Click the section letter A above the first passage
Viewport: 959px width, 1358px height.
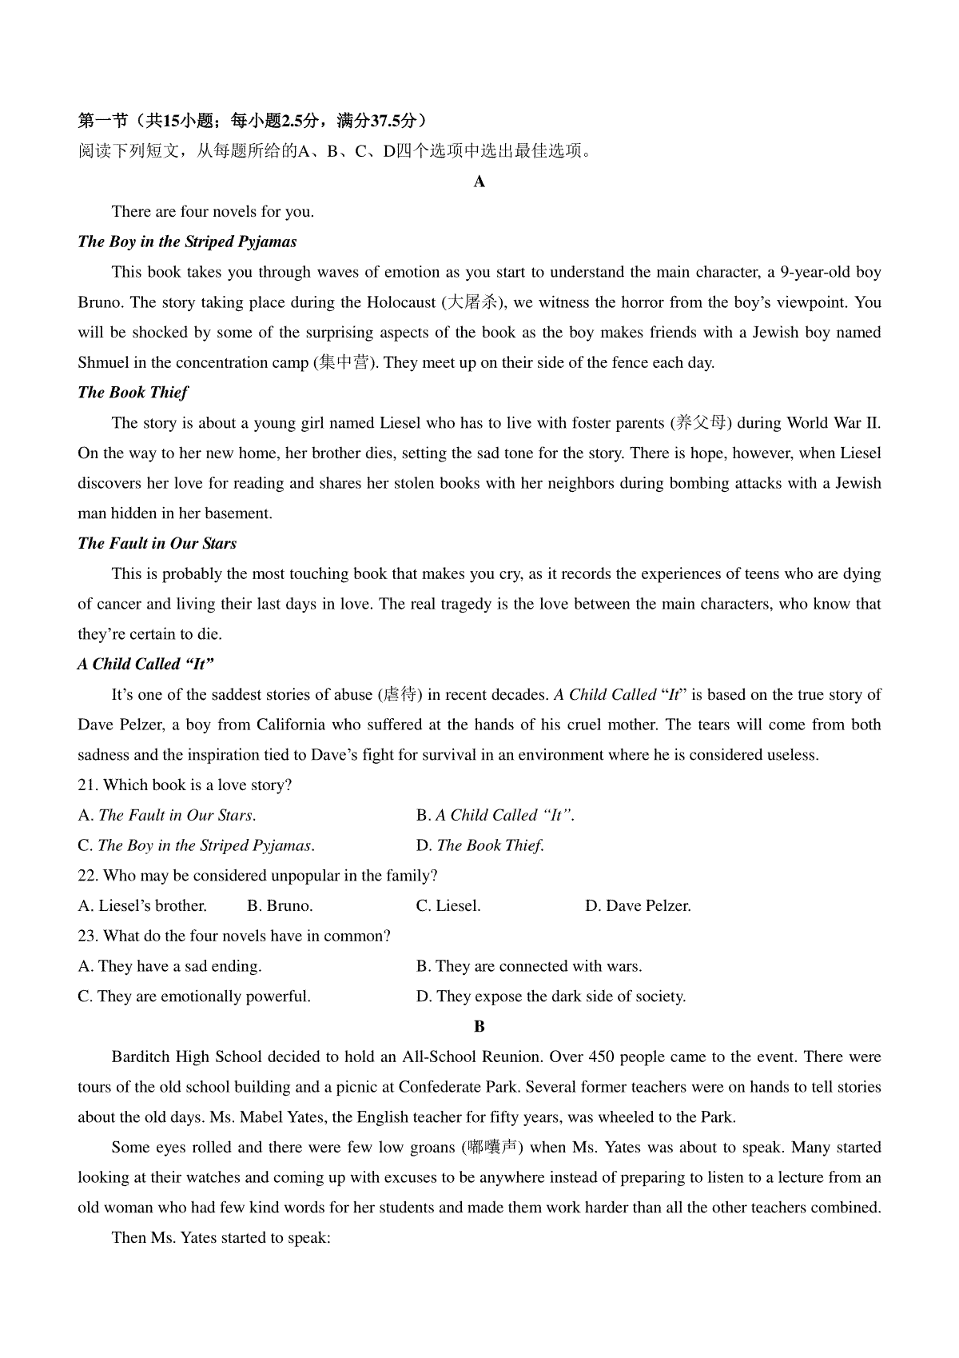pyautogui.click(x=479, y=182)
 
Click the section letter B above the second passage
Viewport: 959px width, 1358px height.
pyautogui.click(x=479, y=1027)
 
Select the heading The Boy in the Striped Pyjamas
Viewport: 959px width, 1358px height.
pyautogui.click(x=187, y=242)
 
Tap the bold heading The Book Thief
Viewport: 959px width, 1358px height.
pyautogui.click(x=133, y=393)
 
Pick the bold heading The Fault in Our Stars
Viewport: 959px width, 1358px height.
pyautogui.click(x=157, y=544)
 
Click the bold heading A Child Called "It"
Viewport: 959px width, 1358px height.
pyautogui.click(x=146, y=665)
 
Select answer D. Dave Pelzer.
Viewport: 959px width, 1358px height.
pyautogui.click(x=638, y=906)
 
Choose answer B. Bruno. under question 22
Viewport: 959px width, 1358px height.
pyautogui.click(x=280, y=906)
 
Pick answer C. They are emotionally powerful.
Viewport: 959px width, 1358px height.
pyautogui.click(x=194, y=997)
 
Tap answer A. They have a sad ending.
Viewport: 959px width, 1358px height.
pyautogui.click(x=169, y=967)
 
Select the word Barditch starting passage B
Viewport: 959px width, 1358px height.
pyautogui.click(x=141, y=1057)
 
